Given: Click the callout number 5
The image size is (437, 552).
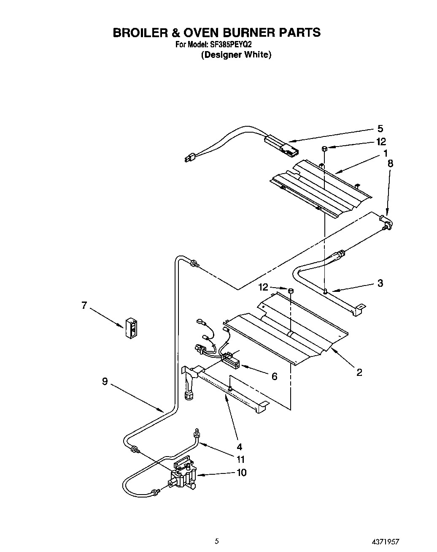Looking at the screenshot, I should coord(380,129).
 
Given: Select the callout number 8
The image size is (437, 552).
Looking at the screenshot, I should coord(390,163).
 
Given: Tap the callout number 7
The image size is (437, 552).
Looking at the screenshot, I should coord(84,305).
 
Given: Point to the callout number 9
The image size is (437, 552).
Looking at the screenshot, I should coord(105,381).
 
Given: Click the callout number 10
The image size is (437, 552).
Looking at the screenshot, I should coord(241,472).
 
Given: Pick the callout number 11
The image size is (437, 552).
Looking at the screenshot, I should coord(240,459).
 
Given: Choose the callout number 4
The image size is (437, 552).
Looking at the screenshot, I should coord(240,446).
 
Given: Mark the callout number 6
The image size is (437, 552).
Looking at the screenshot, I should coord(274,376).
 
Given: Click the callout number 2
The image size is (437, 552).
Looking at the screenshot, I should coord(359,372).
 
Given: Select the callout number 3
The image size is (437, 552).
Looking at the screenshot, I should coord(380,283).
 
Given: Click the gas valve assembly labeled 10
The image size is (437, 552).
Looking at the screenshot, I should coord(182,478).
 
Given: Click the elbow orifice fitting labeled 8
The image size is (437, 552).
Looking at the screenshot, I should coord(386,222).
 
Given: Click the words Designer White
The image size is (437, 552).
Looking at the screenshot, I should coord(236,55).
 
